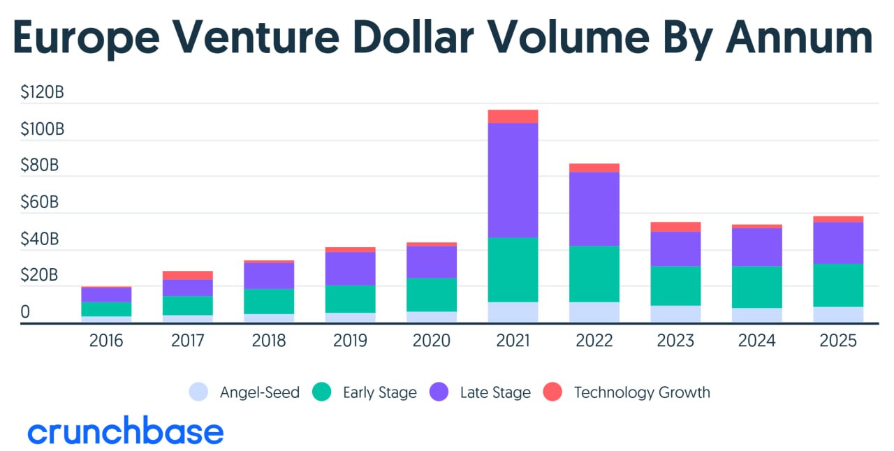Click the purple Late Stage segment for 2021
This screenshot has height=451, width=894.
point(513,180)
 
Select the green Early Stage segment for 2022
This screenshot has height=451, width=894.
point(594,274)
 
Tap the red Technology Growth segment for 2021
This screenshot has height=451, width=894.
point(513,117)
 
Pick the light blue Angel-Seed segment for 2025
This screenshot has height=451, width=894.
point(838,314)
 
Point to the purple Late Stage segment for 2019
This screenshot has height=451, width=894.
point(350,268)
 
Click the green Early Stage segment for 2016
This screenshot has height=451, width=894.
point(106,309)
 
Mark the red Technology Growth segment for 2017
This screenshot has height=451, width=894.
point(187,275)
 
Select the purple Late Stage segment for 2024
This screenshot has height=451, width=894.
point(756,247)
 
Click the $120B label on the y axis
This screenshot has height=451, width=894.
point(42,93)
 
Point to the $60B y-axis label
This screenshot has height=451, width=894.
point(40,202)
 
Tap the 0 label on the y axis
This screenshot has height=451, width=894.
point(25,312)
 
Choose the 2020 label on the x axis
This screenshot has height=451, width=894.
point(431,341)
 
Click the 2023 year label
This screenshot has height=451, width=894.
point(675,341)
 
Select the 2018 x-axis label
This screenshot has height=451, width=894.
point(269,341)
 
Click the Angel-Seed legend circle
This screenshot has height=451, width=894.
point(199,392)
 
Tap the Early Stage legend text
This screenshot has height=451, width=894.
point(379,392)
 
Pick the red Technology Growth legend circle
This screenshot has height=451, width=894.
point(552,392)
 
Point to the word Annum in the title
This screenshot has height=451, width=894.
point(799,38)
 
